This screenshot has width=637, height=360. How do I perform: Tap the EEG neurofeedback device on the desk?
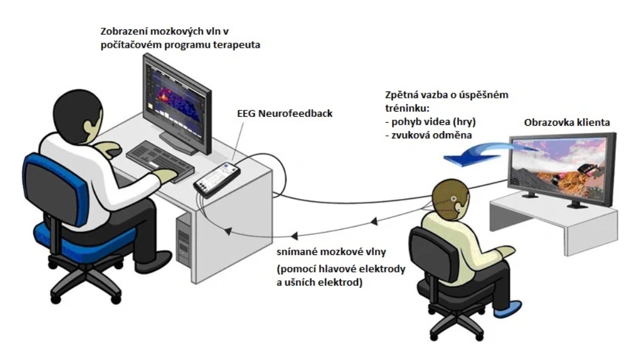coord(216,179)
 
